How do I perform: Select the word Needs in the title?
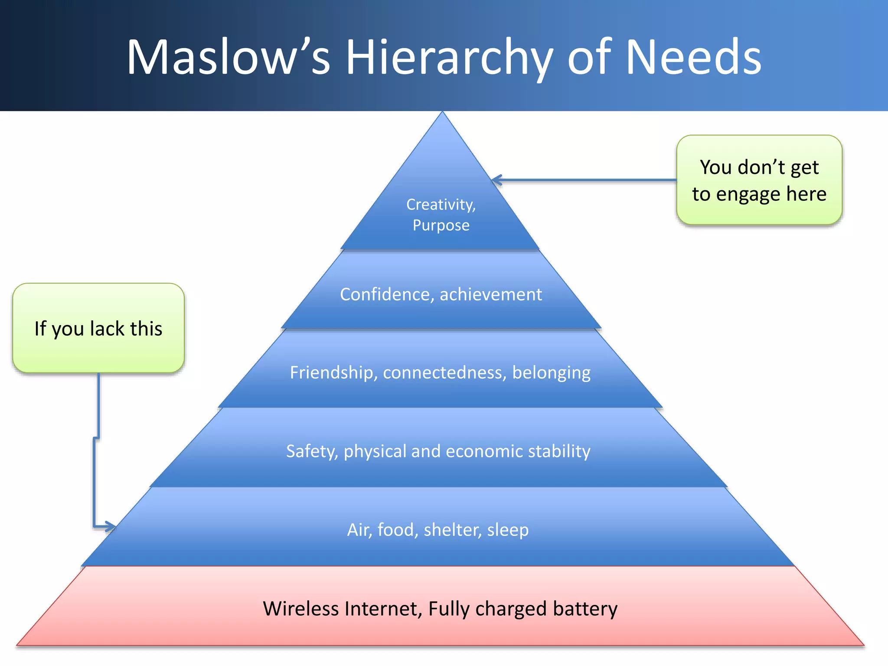693,58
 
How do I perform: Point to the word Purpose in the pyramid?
441,225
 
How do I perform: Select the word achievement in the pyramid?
491,294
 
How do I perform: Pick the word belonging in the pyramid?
551,372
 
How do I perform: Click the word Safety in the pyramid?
312,451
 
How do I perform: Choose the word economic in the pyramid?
480,451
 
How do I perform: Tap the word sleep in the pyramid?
508,530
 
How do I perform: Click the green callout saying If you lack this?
98,328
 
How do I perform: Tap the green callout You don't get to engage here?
759,180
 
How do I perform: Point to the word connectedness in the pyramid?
444,372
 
